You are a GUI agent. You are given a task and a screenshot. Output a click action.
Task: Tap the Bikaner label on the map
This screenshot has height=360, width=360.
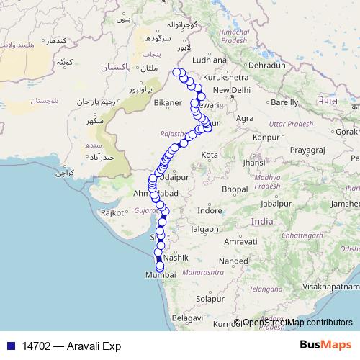[165, 104]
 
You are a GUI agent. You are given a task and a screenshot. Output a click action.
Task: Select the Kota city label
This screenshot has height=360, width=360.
[210, 155]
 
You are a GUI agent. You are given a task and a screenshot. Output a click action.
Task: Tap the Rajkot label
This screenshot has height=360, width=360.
[114, 212]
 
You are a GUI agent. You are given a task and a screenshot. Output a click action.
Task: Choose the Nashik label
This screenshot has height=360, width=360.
[176, 257]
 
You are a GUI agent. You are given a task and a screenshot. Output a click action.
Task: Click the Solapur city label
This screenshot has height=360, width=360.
[212, 298]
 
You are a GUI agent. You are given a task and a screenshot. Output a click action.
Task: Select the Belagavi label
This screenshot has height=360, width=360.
[187, 317]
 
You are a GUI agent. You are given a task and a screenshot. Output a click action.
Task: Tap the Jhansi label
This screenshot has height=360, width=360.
[253, 163]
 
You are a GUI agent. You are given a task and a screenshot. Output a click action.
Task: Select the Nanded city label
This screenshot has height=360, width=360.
[233, 261]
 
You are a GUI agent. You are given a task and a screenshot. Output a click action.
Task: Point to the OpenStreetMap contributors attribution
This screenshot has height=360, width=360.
[297, 323]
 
